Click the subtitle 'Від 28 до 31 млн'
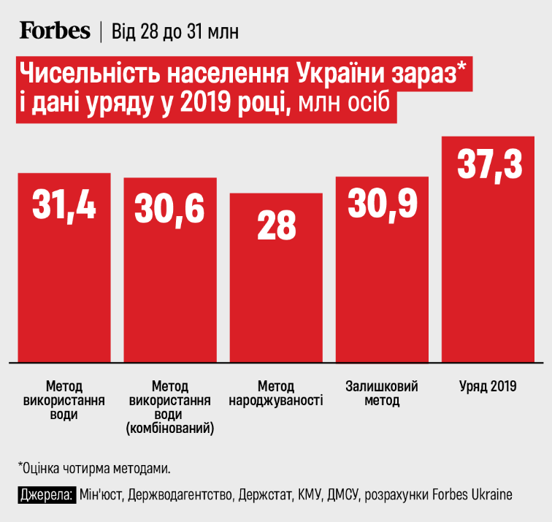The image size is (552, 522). pos(174,32)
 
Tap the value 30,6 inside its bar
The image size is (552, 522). pos(169,208)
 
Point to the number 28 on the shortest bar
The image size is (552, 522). pos(276,226)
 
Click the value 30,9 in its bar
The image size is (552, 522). pos(382,204)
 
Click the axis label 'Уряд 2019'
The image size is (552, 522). pos(488,386)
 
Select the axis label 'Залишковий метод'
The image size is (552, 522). pos(380,394)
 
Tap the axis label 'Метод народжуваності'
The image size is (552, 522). pos(276,394)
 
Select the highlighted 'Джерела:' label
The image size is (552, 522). pos(46,494)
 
